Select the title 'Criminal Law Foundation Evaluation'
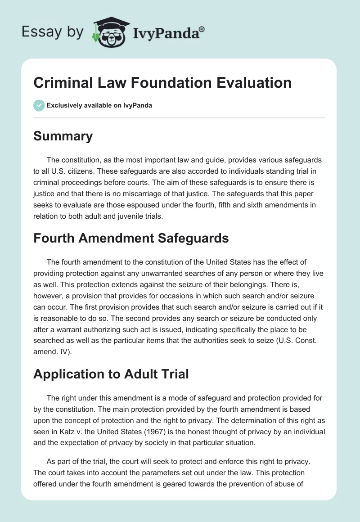(x=162, y=83)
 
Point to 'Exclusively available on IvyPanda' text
(x=99, y=105)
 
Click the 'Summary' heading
(x=63, y=136)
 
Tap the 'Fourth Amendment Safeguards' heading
(x=131, y=238)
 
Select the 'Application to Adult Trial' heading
(x=111, y=374)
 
